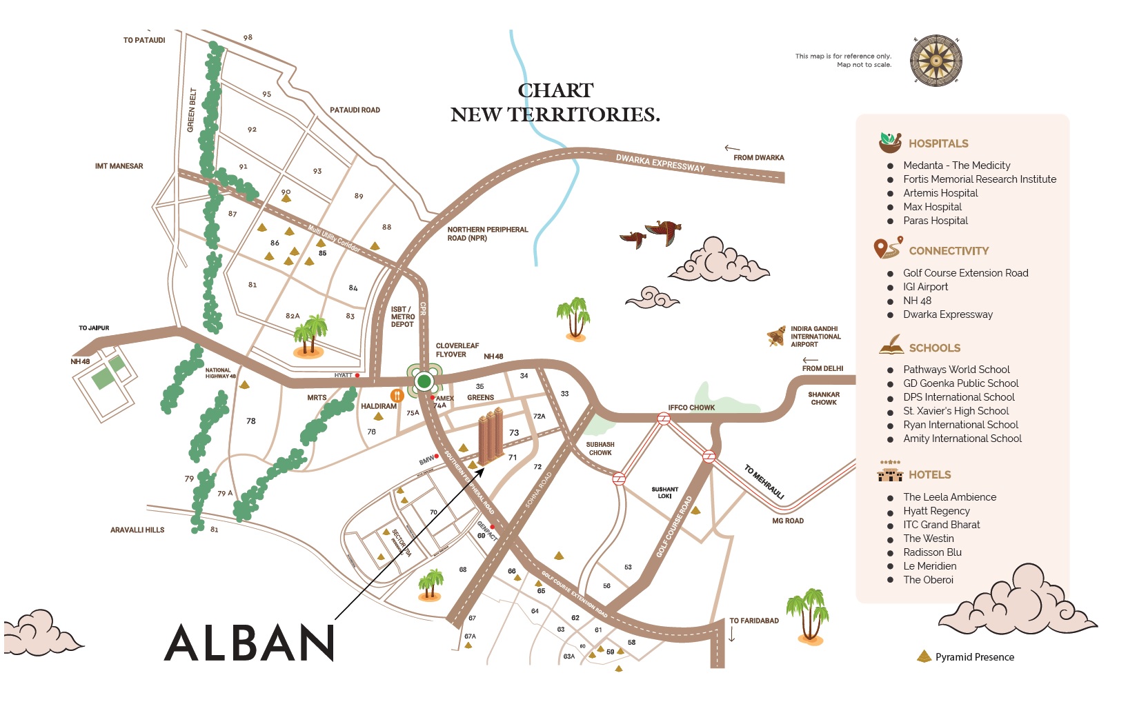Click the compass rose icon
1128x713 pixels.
tap(936, 61)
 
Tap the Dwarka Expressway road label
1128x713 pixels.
tap(660, 163)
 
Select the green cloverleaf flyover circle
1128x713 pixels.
tap(424, 381)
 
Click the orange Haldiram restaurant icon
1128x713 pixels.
tap(397, 396)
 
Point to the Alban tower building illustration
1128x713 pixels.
tap(491, 435)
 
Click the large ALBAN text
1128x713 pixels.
tap(249, 643)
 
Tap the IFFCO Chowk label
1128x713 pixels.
tap(691, 408)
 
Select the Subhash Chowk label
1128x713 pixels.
tap(600, 449)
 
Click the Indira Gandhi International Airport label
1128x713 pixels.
tap(815, 337)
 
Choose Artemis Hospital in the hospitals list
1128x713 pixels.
tap(940, 193)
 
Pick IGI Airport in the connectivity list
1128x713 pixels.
tap(925, 287)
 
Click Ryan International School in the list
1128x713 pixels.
tap(960, 425)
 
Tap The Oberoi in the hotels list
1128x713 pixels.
tap(928, 580)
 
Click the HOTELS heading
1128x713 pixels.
tap(929, 474)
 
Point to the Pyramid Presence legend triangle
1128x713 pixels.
tap(924, 656)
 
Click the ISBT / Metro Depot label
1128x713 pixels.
tap(403, 317)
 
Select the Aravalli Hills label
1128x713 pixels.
tap(137, 530)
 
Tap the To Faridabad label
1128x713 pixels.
tap(753, 621)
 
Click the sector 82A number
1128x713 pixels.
tap(293, 316)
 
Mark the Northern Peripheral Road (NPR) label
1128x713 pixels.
tap(487, 234)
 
